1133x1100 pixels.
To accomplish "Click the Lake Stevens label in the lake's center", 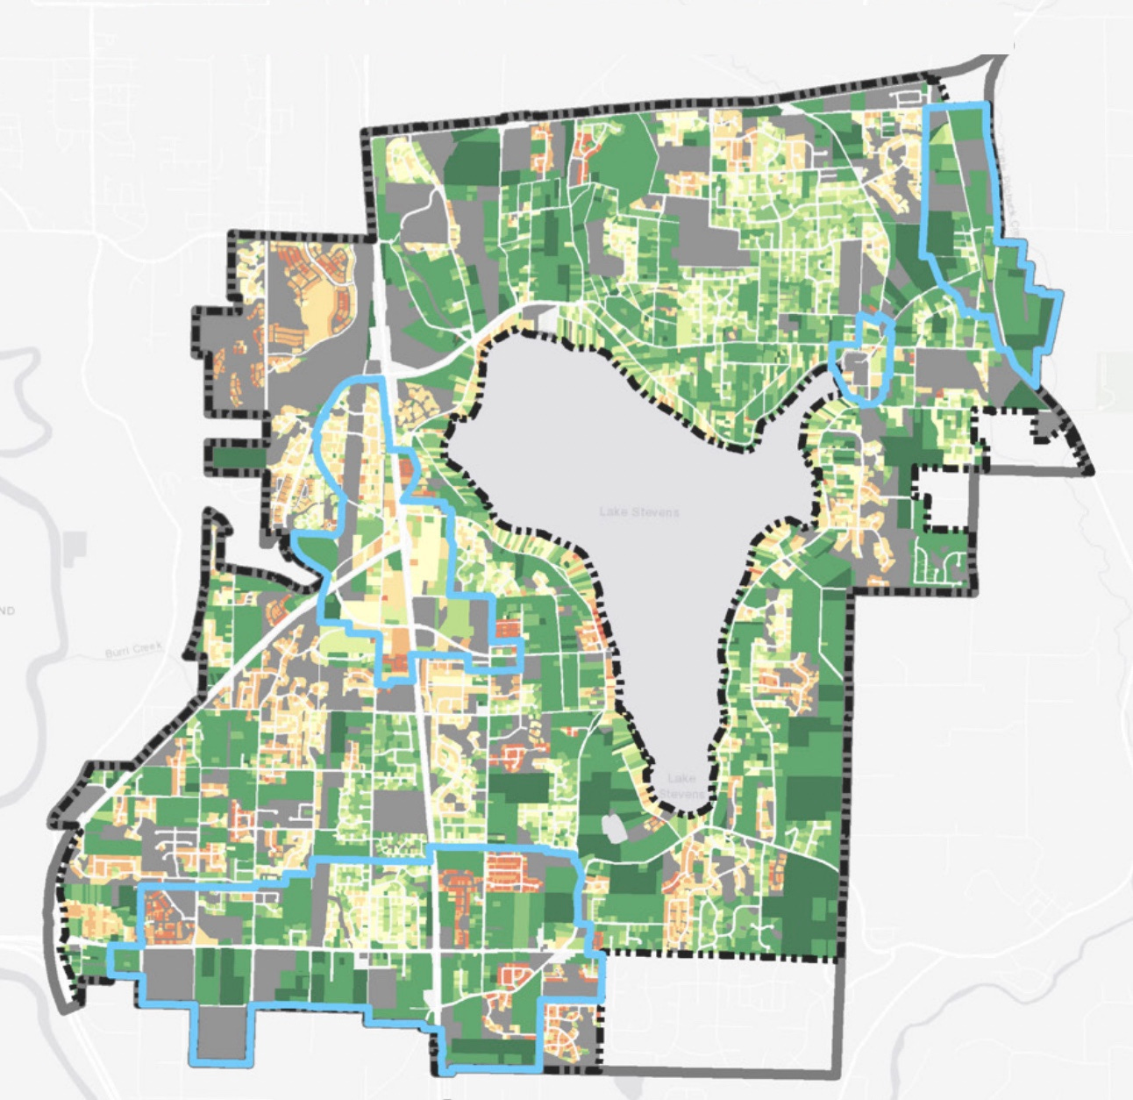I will tap(639, 511).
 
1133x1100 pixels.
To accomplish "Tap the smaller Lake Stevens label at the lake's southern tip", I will tap(681, 785).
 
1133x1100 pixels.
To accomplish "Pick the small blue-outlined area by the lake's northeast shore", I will tap(864, 360).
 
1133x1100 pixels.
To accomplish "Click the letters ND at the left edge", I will tap(7, 611).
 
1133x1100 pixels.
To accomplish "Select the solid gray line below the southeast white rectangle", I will tap(719, 1071).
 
